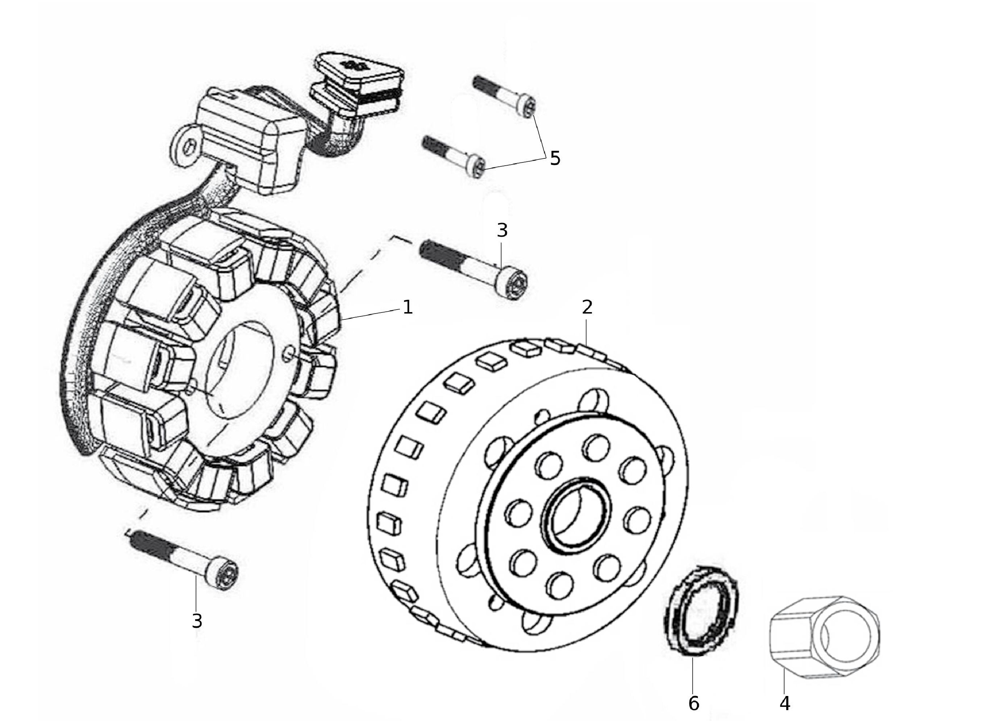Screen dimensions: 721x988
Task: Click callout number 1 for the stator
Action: pos(408,307)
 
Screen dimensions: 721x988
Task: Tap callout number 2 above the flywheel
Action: pos(587,307)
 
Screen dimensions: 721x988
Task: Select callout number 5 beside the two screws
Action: pos(555,158)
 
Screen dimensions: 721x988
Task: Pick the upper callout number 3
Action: pos(502,230)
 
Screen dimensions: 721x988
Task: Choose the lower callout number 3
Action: pos(197,621)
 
